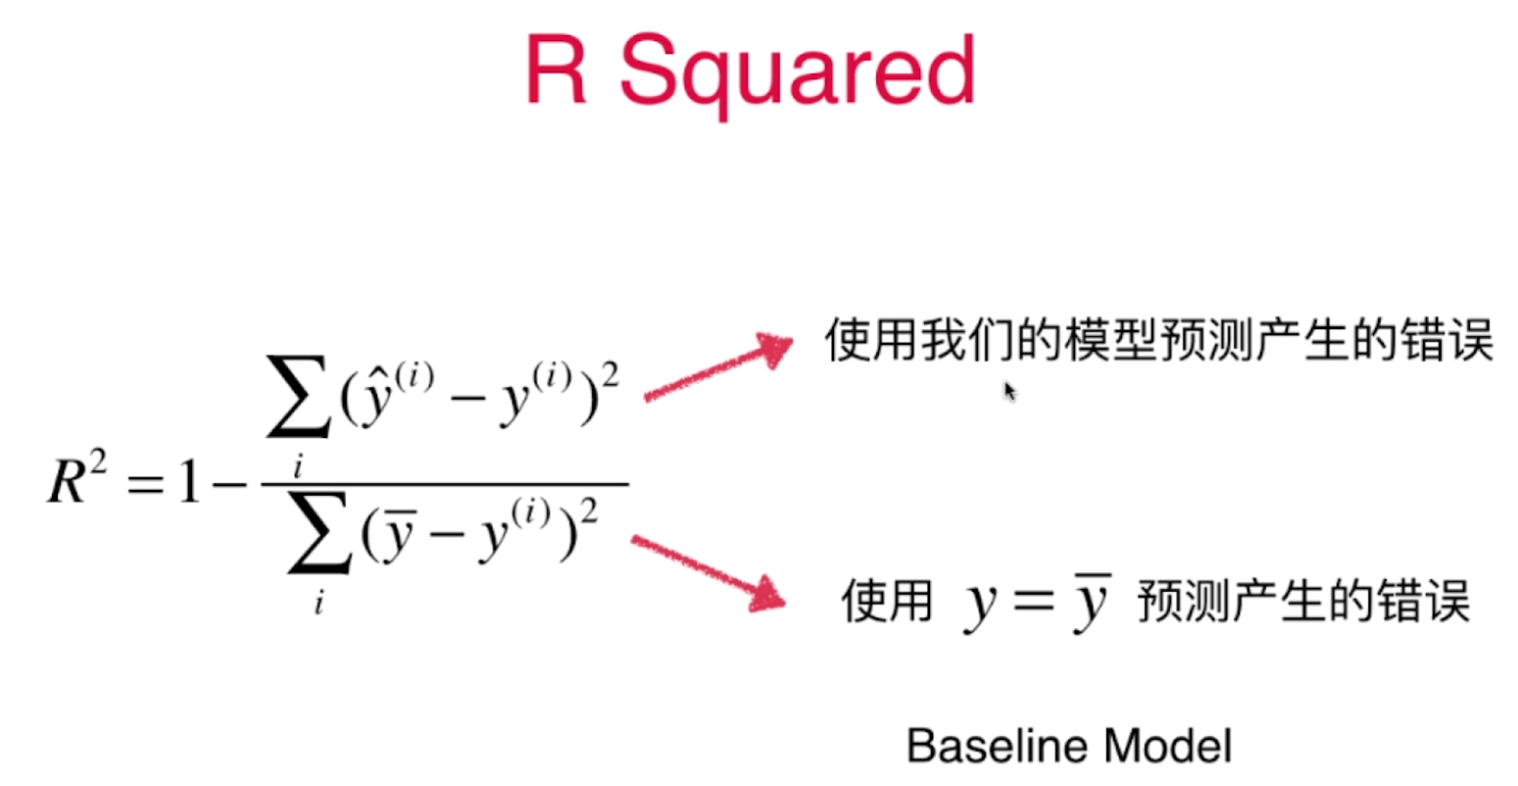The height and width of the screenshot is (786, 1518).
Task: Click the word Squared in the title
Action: click(x=798, y=74)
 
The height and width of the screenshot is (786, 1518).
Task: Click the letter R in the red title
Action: click(x=556, y=70)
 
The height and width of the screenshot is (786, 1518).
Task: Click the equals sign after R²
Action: click(x=146, y=484)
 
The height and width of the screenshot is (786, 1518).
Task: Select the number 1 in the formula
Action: click(x=189, y=480)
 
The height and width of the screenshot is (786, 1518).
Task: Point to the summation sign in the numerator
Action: click(x=299, y=396)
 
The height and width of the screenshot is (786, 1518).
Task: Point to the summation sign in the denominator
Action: click(x=319, y=532)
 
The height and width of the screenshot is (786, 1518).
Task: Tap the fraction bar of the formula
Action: click(x=445, y=484)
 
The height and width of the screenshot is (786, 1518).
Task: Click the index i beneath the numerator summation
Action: click(x=298, y=467)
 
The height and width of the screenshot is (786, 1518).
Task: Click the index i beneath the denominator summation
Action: click(x=318, y=602)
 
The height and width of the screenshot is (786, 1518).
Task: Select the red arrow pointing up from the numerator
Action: click(x=718, y=368)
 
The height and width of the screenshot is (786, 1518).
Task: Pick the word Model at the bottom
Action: click(x=1168, y=746)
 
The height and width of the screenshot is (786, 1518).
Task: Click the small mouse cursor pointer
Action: click(x=1009, y=391)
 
